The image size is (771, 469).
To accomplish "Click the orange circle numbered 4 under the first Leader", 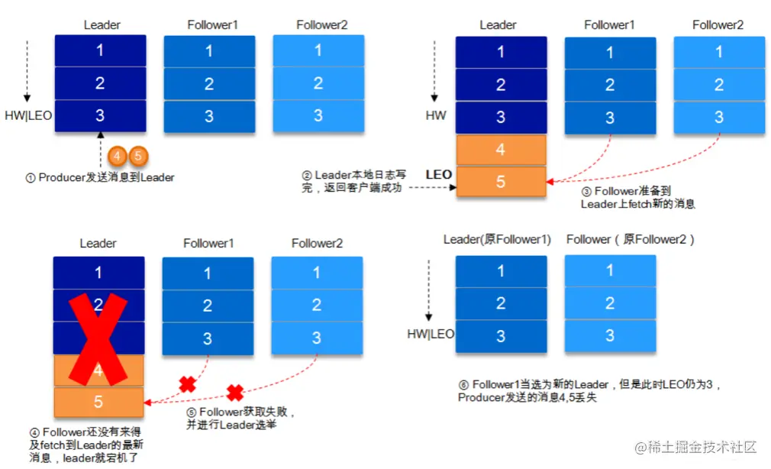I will coord(118,156).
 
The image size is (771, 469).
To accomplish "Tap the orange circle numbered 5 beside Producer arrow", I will coord(137,156).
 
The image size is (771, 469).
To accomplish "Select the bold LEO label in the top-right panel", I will coord(439,175).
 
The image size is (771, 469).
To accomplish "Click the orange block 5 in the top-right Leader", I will coord(501,182).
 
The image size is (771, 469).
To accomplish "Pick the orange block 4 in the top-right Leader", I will coord(501,150).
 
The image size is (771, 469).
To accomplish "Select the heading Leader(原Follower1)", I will coord(497,240).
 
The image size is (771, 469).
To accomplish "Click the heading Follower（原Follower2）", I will coord(631,240).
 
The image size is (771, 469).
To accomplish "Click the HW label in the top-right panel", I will coord(436,117).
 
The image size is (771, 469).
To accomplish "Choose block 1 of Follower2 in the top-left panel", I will coord(318,51).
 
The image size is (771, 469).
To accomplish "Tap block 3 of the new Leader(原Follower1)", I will coord(501,336).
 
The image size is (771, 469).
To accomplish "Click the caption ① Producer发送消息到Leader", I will coord(100,178).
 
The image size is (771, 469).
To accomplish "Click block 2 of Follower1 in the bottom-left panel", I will coord(208,306).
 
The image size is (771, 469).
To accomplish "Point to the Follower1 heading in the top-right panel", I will coord(609,25).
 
